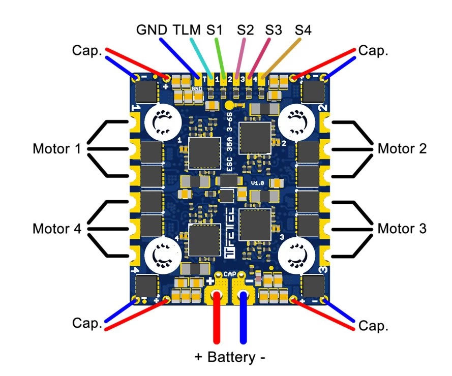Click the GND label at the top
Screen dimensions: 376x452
[x=152, y=30]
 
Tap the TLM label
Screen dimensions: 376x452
[x=187, y=30]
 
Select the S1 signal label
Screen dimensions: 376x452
[x=214, y=30]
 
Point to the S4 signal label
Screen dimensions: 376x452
[x=304, y=30]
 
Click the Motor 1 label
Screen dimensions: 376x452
[x=56, y=149]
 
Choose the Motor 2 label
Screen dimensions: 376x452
[x=402, y=149]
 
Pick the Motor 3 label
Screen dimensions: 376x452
[x=402, y=229]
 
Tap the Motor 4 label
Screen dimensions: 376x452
[x=56, y=229]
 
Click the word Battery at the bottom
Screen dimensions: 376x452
[x=230, y=357]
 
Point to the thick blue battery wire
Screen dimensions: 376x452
[x=244, y=320]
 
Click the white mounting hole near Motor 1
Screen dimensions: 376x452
[x=164, y=122]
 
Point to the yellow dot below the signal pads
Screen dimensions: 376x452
[x=229, y=105]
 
